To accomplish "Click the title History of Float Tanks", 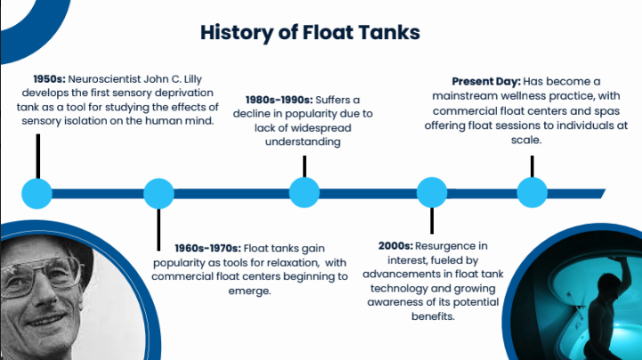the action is pyautogui.click(x=310, y=33).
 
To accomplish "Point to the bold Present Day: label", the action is pyautogui.click(x=485, y=81).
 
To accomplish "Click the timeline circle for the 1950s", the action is pyautogui.click(x=37, y=192).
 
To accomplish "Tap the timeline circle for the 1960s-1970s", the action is pyautogui.click(x=158, y=192).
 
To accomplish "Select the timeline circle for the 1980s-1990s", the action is pyautogui.click(x=305, y=192).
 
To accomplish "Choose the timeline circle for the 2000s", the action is pyautogui.click(x=432, y=192).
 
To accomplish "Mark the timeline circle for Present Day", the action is pyautogui.click(x=532, y=192).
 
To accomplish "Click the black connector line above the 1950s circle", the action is pyautogui.click(x=37, y=156).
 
